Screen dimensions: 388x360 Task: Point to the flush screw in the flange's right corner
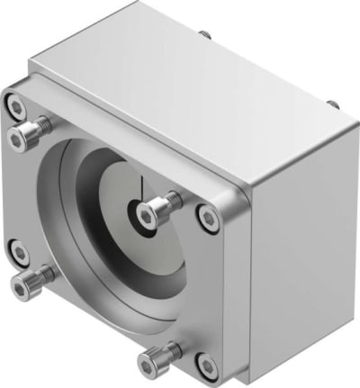pyautogui.click(x=208, y=217)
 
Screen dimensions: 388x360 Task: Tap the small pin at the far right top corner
pyautogui.click(x=334, y=104)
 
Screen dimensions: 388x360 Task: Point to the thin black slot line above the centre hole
pyautogui.click(x=142, y=189)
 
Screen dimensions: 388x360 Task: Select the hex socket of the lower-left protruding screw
pyautogui.click(x=22, y=288)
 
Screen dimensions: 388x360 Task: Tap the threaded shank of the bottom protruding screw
pyautogui.click(x=170, y=352)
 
